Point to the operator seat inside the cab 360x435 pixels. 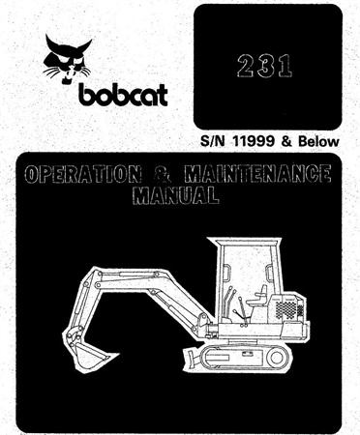tap(255, 299)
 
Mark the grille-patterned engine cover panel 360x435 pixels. tap(289, 310)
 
